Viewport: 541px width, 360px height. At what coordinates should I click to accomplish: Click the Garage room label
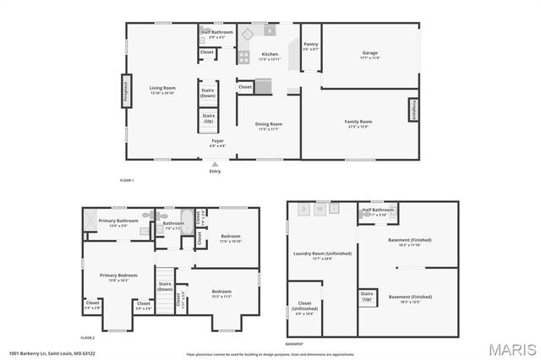(369, 55)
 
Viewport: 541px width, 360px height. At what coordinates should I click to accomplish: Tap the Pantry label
(310, 46)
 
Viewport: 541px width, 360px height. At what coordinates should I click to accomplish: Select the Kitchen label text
(269, 57)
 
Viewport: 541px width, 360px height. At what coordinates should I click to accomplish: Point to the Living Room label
(162, 90)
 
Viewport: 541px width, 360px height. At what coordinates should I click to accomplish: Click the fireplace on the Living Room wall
(125, 91)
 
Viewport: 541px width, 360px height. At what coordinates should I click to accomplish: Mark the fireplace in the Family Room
(415, 111)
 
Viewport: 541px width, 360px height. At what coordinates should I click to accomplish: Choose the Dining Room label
(269, 127)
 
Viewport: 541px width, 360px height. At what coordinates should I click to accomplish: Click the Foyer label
(217, 142)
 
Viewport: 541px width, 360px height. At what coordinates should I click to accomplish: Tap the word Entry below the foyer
(215, 172)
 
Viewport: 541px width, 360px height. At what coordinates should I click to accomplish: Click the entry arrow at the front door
(215, 164)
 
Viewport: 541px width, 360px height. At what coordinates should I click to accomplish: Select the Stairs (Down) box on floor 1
(208, 93)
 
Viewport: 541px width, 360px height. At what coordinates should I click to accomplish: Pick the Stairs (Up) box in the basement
(367, 297)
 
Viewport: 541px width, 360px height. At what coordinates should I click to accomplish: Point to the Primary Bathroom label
(118, 223)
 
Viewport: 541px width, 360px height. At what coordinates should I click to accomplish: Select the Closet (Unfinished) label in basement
(304, 310)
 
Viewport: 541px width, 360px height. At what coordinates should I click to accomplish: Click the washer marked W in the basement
(320, 208)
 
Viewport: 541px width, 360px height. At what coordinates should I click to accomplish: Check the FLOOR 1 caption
(127, 181)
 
